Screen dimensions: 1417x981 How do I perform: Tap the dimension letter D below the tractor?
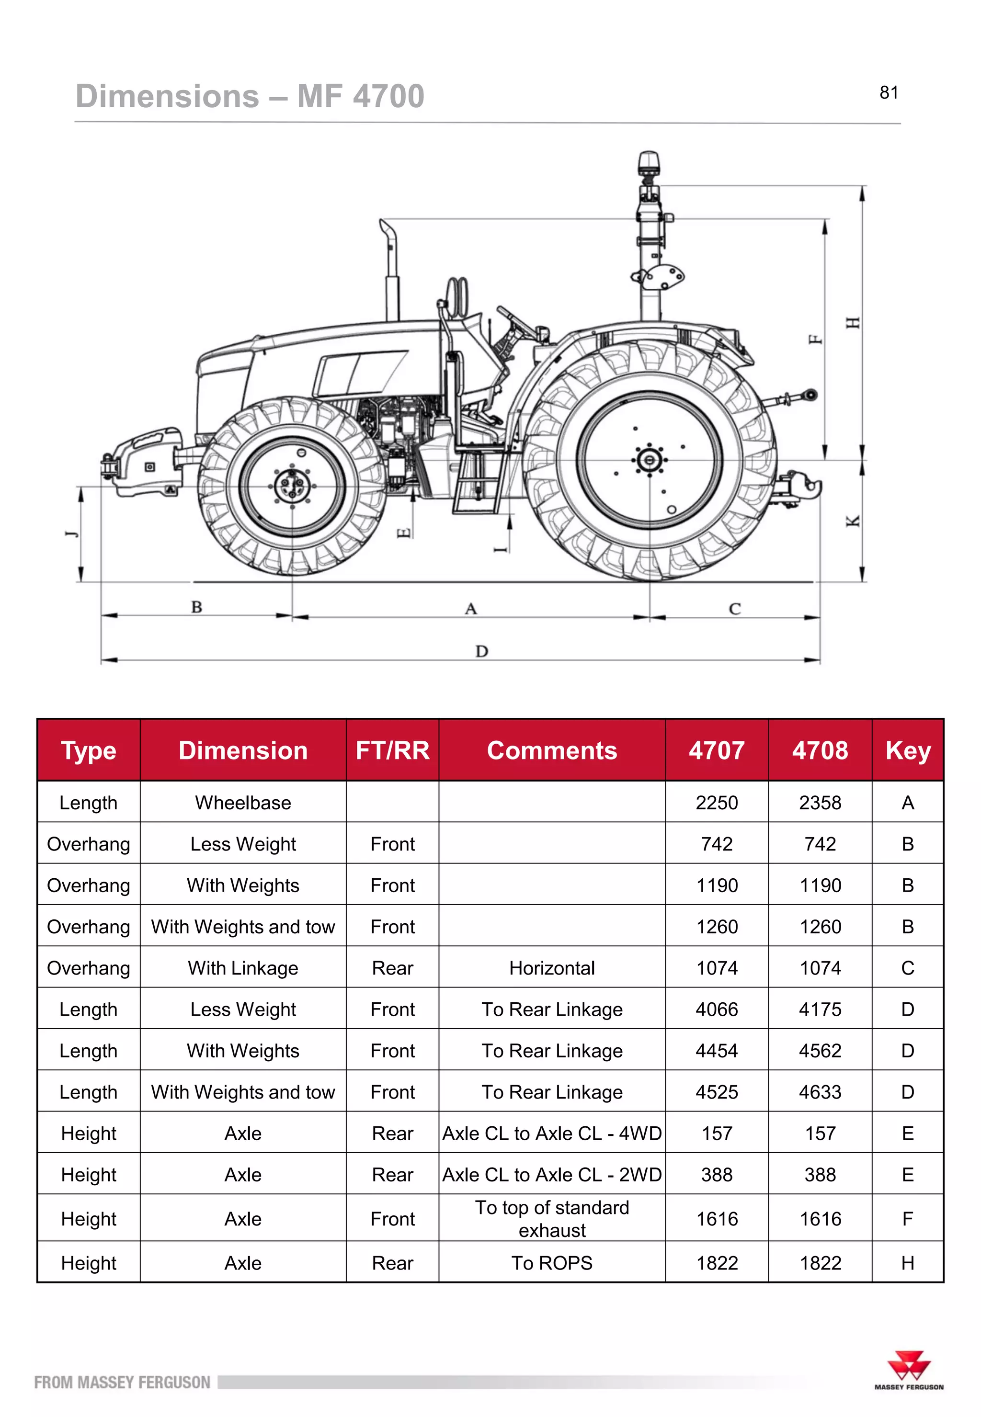click(x=481, y=651)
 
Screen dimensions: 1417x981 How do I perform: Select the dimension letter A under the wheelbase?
click(x=471, y=609)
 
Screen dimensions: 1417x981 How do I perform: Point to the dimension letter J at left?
click(x=72, y=533)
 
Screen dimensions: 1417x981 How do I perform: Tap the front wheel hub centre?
click(x=292, y=486)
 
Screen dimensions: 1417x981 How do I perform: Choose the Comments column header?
click(x=551, y=750)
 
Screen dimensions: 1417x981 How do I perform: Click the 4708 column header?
click(x=820, y=750)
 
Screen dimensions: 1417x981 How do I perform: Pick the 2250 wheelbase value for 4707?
click(x=716, y=803)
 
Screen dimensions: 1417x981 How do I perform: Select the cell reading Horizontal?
click(x=551, y=968)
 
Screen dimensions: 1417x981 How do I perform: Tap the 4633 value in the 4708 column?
click(x=820, y=1092)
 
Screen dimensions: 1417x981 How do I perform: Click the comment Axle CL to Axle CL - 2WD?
click(x=551, y=1174)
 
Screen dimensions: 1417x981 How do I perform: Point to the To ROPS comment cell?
click(x=551, y=1263)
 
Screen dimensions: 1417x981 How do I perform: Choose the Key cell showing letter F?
click(x=907, y=1219)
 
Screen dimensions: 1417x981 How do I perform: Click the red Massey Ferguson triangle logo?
click(x=909, y=1365)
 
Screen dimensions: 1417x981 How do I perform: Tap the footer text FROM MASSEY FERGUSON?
click(x=122, y=1383)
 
